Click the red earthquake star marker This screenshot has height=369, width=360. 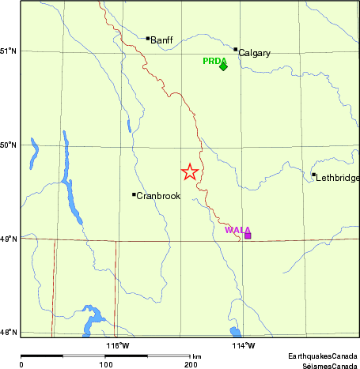(x=190, y=171)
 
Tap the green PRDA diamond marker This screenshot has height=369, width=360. (x=223, y=66)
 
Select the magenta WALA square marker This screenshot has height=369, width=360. (x=248, y=235)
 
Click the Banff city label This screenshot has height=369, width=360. (x=161, y=40)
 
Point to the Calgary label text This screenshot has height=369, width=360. (x=255, y=53)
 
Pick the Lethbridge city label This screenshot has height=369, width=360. (x=338, y=178)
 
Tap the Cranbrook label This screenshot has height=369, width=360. (x=159, y=196)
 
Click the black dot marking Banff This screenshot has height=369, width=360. (x=148, y=38)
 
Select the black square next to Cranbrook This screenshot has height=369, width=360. (x=134, y=194)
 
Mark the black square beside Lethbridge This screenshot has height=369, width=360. (x=314, y=175)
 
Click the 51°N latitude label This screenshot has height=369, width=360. (x=9, y=51)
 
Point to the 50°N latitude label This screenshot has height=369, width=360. (x=9, y=145)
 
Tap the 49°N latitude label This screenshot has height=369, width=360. (x=9, y=239)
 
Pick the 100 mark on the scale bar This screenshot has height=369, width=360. (x=105, y=365)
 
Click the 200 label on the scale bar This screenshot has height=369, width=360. (x=191, y=365)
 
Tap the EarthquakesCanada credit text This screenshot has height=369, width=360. (x=323, y=356)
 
